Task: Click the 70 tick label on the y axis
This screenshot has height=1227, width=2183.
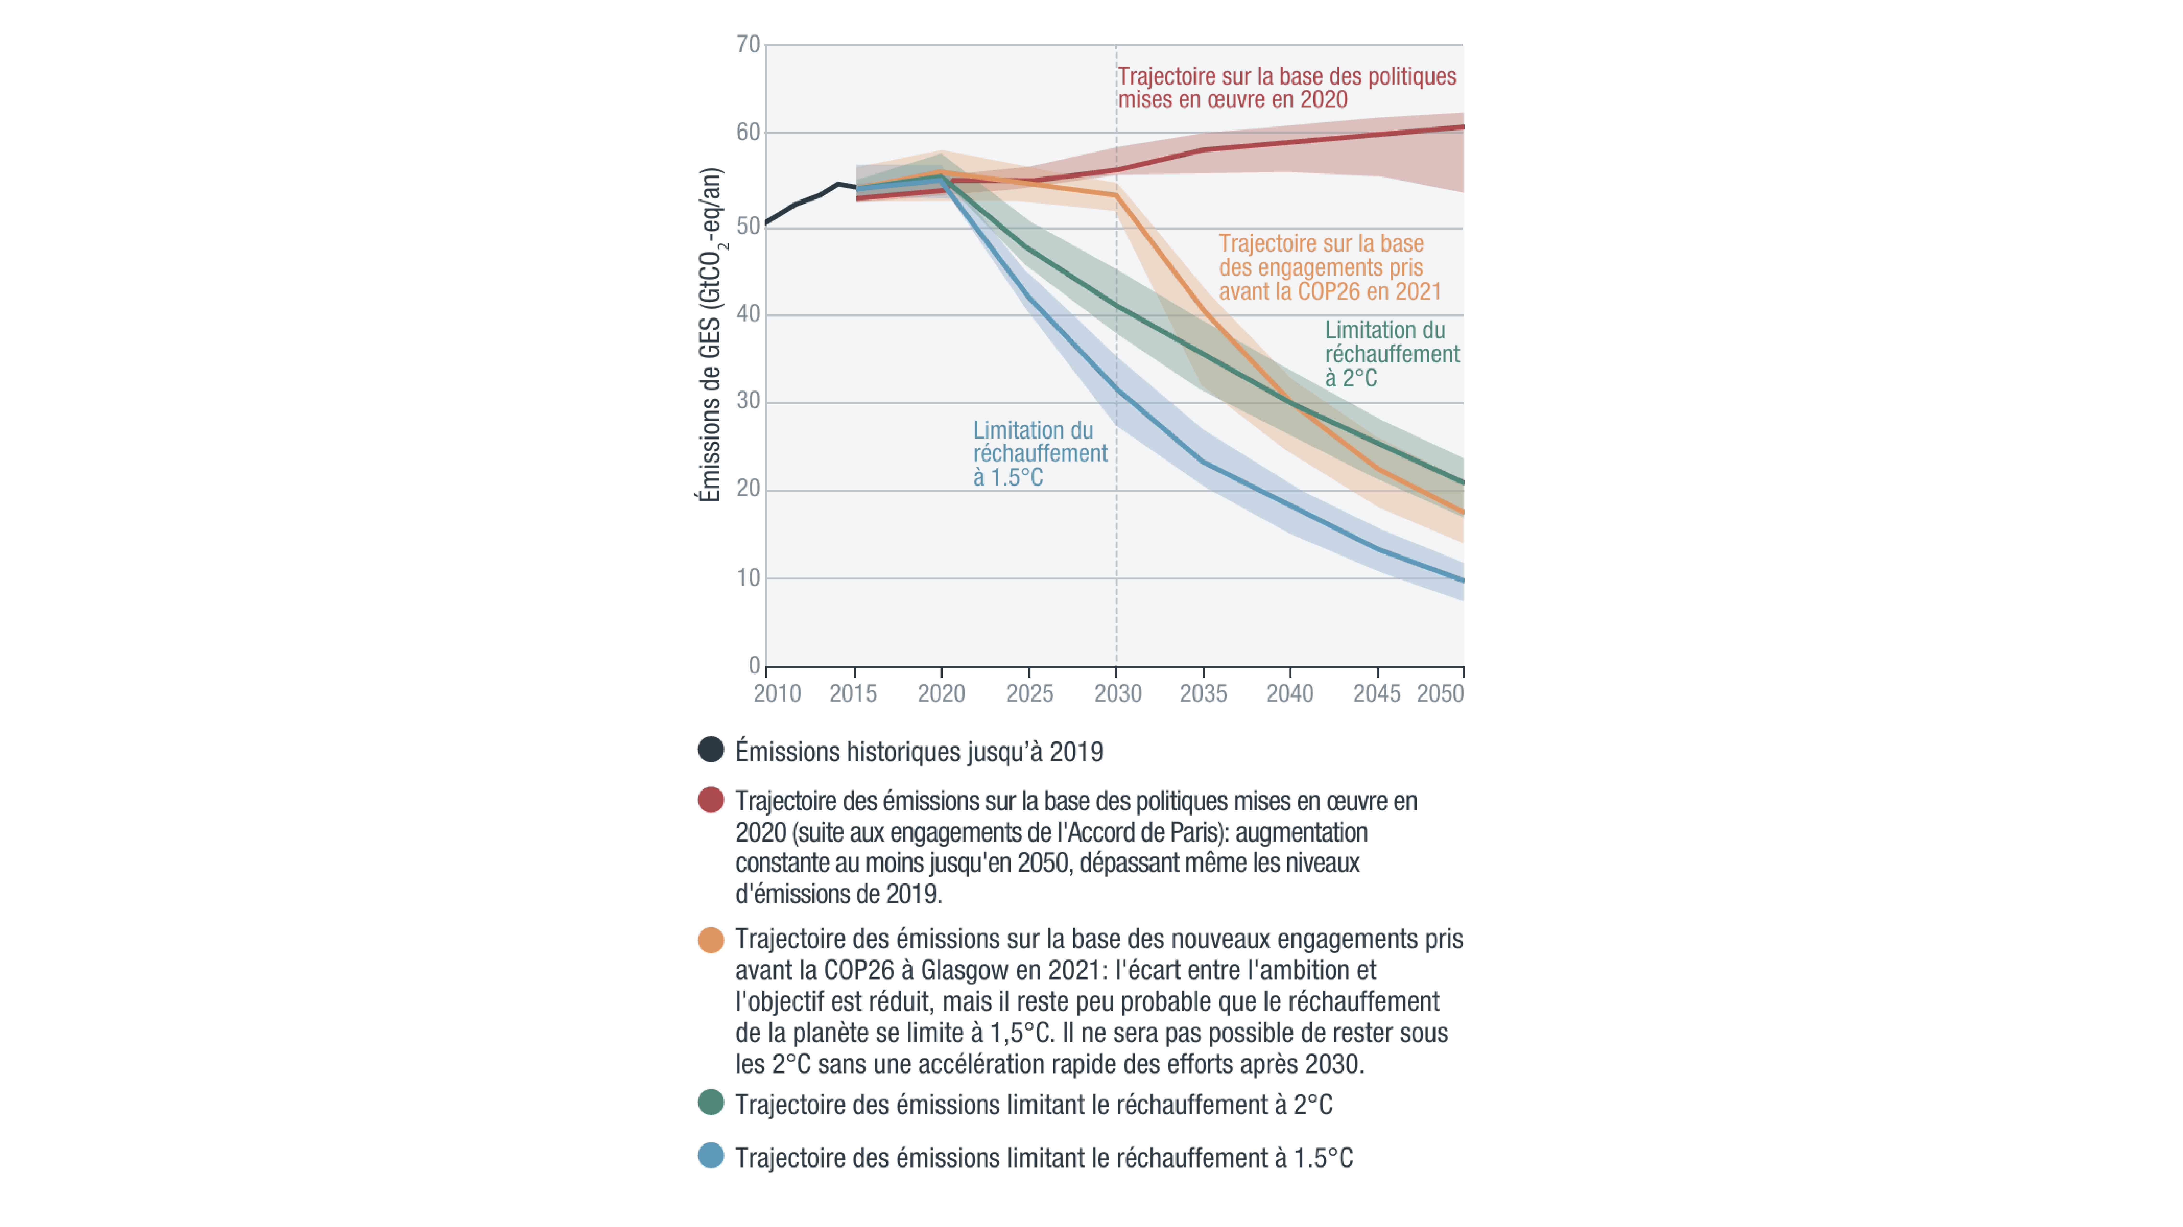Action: [x=748, y=44]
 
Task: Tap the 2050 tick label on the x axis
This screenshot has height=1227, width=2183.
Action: [x=1440, y=693]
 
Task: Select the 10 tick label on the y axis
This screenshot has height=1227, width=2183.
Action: [x=748, y=578]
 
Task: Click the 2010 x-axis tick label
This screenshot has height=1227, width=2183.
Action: [x=777, y=693]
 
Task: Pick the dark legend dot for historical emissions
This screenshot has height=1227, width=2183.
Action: [x=711, y=749]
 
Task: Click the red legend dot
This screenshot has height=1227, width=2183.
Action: [x=711, y=800]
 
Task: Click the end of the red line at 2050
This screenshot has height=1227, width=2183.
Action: [x=1463, y=127]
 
